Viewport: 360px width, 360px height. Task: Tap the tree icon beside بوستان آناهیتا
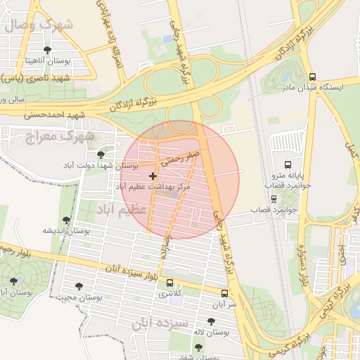(x=47, y=50)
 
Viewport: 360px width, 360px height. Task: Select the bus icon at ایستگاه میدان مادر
(x=312, y=77)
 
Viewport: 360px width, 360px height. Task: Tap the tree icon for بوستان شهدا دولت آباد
(x=101, y=154)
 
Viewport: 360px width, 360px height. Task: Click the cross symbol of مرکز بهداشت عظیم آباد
(x=153, y=175)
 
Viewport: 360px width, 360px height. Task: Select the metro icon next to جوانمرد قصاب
(x=274, y=198)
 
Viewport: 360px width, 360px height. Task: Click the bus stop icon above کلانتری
(x=169, y=283)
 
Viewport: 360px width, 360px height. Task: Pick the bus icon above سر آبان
(x=224, y=293)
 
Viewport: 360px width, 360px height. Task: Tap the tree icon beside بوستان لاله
(x=211, y=321)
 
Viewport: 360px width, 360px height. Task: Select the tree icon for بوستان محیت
(x=79, y=286)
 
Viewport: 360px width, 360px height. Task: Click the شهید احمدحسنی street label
(x=59, y=113)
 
